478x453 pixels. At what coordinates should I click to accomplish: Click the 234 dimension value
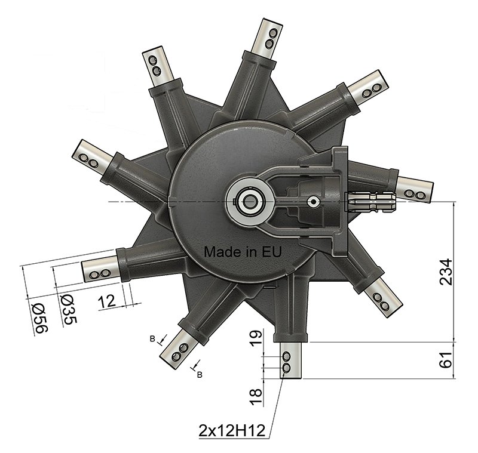tap(446, 272)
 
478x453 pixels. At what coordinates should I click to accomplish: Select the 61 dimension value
tap(446, 360)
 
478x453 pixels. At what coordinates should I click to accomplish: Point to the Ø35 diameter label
tap(69, 309)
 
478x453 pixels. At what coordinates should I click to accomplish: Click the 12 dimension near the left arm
tap(107, 301)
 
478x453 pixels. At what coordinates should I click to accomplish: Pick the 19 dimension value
tap(256, 338)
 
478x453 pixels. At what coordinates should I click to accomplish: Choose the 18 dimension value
tap(256, 397)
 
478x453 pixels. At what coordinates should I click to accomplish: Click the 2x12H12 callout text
tap(232, 431)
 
